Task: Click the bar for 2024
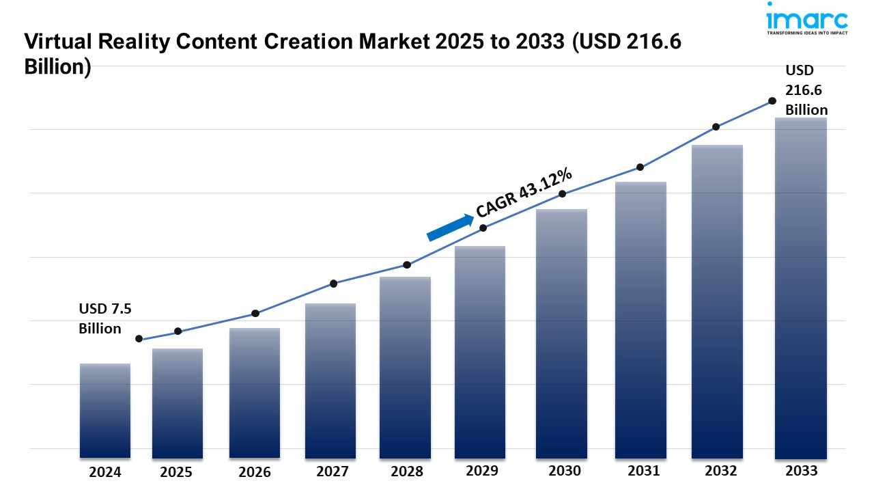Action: coord(105,410)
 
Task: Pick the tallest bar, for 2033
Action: coord(801,288)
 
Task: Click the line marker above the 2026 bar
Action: coord(255,313)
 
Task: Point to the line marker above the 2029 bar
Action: coord(483,228)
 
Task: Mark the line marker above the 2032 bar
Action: coord(716,126)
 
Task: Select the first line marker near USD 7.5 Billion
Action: coord(139,338)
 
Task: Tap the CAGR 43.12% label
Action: coord(524,193)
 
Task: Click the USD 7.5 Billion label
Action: coord(104,318)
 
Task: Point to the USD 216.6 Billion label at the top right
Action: coord(806,90)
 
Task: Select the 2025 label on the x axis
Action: coord(177,472)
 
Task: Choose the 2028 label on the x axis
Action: coord(406,471)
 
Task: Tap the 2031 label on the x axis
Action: coord(643,471)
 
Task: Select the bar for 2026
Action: coord(255,393)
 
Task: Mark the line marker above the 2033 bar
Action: coord(772,100)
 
